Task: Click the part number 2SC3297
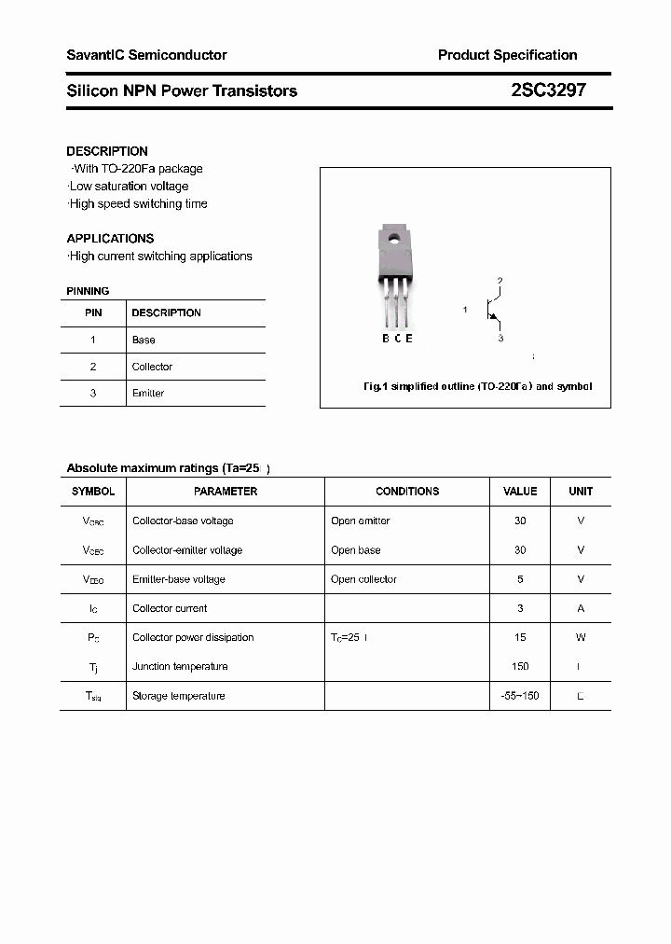549,90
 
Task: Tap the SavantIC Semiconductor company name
146,55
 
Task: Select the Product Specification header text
507,55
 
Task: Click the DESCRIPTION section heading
107,151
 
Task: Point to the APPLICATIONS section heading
110,238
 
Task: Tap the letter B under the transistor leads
386,339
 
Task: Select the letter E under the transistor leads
409,339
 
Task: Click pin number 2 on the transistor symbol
500,281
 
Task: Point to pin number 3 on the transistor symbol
500,338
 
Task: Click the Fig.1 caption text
477,386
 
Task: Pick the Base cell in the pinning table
144,340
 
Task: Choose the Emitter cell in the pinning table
148,394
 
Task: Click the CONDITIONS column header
407,491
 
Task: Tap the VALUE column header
520,491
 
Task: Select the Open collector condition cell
363,579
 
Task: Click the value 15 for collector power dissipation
520,637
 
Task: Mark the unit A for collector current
581,608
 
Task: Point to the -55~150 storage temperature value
520,696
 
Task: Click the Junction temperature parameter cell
180,666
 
